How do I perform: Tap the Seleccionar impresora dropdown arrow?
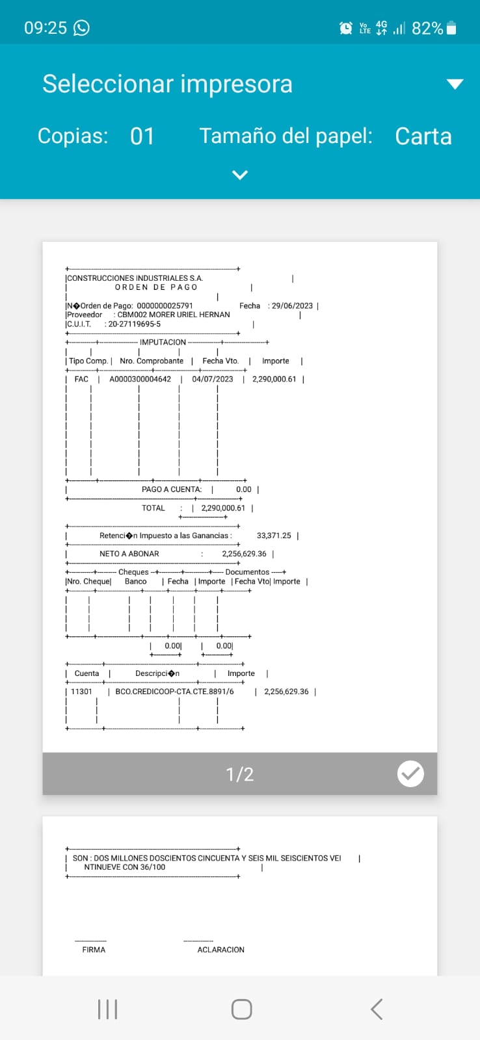[455, 84]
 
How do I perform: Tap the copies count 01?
[142, 136]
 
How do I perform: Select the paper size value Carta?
[423, 136]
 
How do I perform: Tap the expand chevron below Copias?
[240, 175]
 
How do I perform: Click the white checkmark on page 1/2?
[410, 773]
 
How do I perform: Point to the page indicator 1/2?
[239, 774]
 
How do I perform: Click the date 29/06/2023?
[292, 305]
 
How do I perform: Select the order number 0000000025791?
[165, 305]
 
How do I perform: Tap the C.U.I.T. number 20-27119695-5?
[134, 324]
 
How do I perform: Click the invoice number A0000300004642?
[140, 379]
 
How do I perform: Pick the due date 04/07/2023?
[212, 379]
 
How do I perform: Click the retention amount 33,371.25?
[274, 536]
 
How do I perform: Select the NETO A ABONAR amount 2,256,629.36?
[244, 554]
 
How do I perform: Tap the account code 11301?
[81, 692]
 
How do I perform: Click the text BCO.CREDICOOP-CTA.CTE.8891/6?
[174, 692]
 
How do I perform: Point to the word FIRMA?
[94, 950]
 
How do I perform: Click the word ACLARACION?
[220, 950]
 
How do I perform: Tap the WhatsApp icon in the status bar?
[81, 27]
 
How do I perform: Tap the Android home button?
[241, 1009]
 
